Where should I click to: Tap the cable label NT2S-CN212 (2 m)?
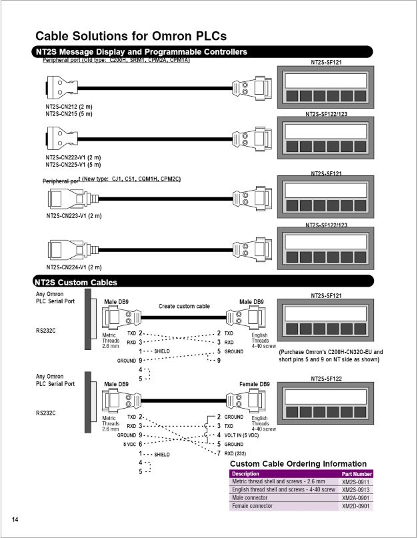pyautogui.click(x=69, y=106)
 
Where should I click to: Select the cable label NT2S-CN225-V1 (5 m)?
pyautogui.click(x=73, y=164)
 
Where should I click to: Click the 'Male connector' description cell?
pyautogui.click(x=249, y=497)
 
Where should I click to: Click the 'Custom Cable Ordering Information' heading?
pyautogui.click(x=298, y=463)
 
